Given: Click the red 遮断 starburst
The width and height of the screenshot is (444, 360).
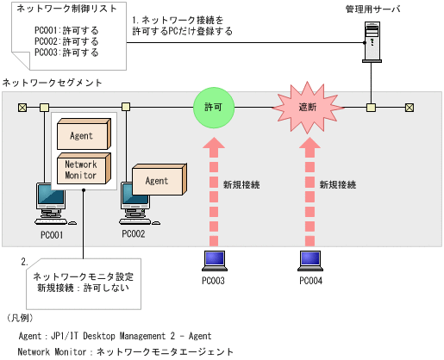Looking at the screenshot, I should [309, 109].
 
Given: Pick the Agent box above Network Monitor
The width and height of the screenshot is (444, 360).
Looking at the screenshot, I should [83, 135].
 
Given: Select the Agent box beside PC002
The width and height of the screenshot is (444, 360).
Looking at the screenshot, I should [158, 182].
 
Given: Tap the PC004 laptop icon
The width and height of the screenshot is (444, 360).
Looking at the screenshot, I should [311, 259].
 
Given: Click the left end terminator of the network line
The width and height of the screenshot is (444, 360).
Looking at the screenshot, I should [22, 108].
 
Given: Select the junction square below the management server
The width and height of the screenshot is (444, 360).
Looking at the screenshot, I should [371, 108].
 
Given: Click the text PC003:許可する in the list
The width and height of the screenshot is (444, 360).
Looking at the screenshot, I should [66, 53].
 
